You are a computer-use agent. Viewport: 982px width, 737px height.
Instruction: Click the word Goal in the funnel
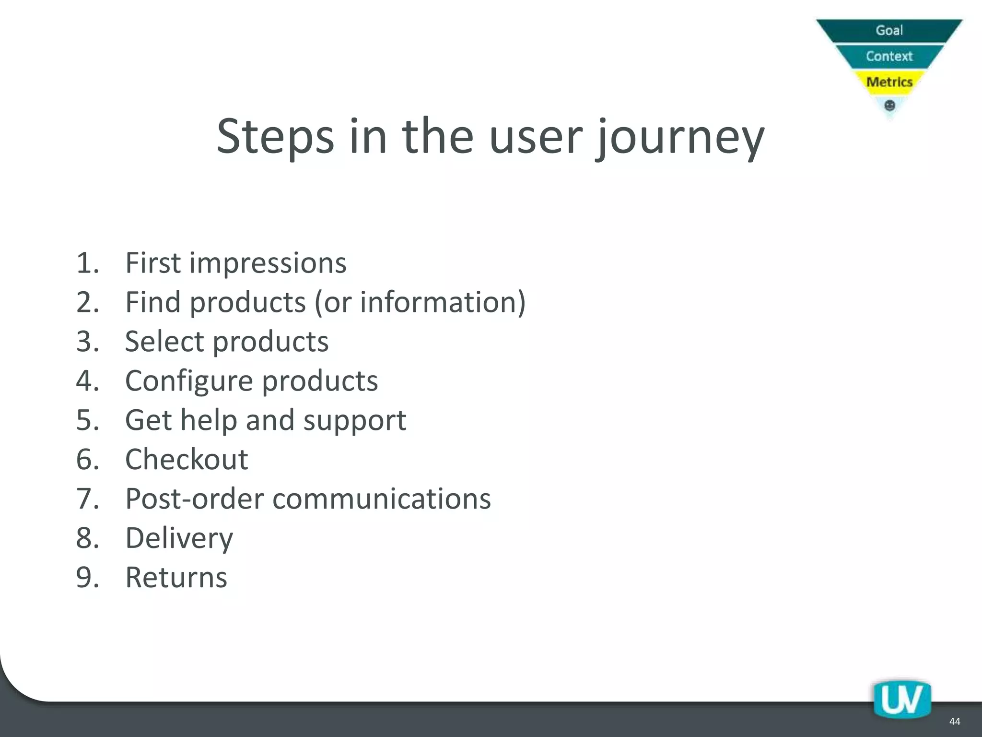pos(889,30)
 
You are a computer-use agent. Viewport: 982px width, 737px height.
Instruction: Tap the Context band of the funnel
pos(889,56)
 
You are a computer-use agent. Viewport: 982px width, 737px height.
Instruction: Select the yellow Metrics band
pos(889,82)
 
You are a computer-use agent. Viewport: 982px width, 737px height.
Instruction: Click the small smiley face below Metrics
pos(889,105)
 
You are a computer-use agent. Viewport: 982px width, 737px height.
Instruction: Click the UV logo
pos(901,699)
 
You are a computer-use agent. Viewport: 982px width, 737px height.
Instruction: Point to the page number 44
pos(954,721)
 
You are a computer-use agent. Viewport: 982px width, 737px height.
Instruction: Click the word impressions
pos(268,263)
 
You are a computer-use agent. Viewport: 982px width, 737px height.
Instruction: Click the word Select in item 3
pos(164,342)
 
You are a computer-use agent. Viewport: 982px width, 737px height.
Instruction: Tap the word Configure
pos(189,381)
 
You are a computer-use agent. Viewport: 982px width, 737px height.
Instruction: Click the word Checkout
pos(187,459)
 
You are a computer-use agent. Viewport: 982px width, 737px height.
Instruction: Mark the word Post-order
pos(194,499)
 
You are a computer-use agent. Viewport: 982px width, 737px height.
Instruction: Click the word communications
pos(382,499)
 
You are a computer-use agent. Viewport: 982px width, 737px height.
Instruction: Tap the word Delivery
pos(179,538)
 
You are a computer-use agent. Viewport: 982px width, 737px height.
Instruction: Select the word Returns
pos(176,577)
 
